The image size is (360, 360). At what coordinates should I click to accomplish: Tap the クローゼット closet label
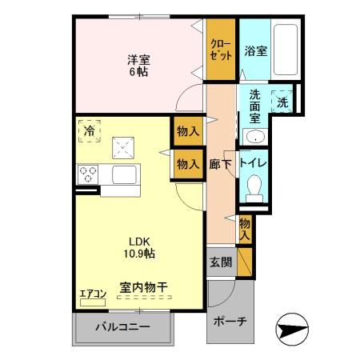220,50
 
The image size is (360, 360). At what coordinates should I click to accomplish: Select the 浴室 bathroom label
255,50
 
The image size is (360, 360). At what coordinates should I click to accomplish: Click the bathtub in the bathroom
286,50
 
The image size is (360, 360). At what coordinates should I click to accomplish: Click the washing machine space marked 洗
282,101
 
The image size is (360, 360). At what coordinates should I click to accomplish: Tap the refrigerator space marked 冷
89,130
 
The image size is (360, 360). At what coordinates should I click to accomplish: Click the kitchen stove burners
87,172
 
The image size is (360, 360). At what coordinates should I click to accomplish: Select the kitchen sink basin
126,174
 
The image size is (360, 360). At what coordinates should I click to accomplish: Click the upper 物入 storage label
188,131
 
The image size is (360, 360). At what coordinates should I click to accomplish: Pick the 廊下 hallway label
219,162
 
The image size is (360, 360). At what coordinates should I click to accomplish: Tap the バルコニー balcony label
123,327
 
